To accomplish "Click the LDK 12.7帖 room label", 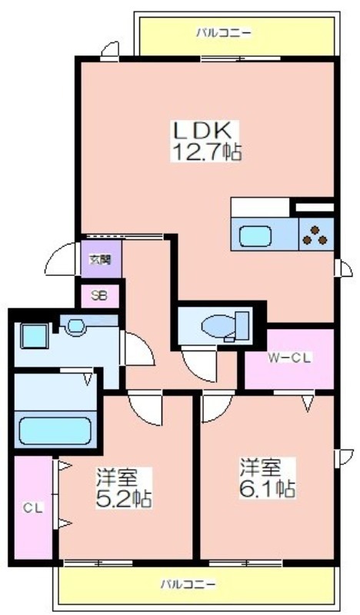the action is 206,141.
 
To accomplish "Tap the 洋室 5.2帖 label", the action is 124,488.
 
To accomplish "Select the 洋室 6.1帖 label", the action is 268,477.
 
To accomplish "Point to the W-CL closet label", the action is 290,357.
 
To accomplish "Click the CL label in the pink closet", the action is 32,508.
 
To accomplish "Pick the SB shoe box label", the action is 99,295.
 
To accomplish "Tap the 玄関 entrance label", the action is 100,259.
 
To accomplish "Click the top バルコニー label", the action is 224,32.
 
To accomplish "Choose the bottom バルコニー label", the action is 188,584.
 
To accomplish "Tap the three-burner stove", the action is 316,234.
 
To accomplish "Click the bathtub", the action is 55,430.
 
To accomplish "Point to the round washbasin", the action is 75,326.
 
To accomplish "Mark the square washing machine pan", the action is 35,336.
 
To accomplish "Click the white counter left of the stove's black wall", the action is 260,207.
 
